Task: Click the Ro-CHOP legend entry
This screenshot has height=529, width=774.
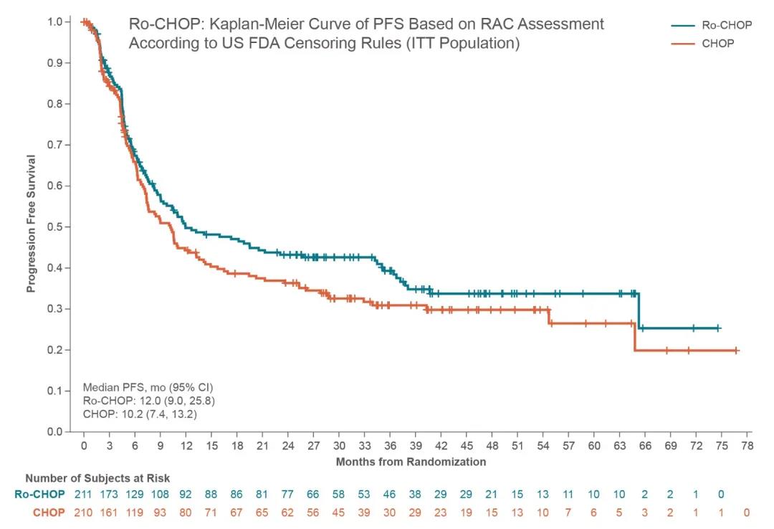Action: point(727,25)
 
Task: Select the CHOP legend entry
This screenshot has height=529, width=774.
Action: point(717,44)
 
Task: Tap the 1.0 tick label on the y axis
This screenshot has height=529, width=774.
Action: point(54,22)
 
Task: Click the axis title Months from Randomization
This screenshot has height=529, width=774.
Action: point(411,462)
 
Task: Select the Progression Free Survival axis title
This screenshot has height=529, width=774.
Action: point(31,224)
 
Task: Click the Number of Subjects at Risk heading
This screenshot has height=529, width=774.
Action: point(97,478)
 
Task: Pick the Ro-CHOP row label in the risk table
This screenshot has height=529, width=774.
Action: point(39,495)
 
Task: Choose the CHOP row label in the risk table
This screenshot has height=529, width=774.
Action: point(49,513)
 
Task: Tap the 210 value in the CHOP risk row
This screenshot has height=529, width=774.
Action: point(84,513)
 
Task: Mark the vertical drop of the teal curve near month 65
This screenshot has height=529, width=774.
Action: point(639,310)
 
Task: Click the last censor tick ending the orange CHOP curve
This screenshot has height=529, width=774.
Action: point(736,351)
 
